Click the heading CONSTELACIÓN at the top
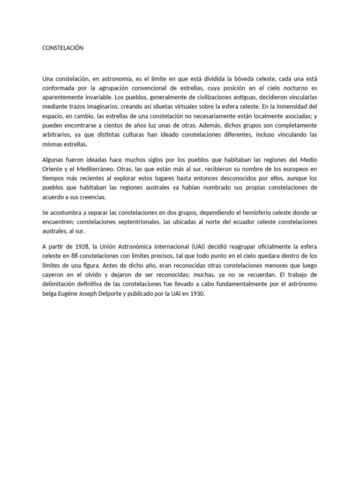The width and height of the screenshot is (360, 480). tap(63, 48)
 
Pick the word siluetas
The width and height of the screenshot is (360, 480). tap(164, 106)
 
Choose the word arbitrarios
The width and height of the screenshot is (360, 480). tap(57, 135)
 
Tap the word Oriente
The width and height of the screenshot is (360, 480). tap(52, 169)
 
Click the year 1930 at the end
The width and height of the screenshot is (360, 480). tap(197, 293)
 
